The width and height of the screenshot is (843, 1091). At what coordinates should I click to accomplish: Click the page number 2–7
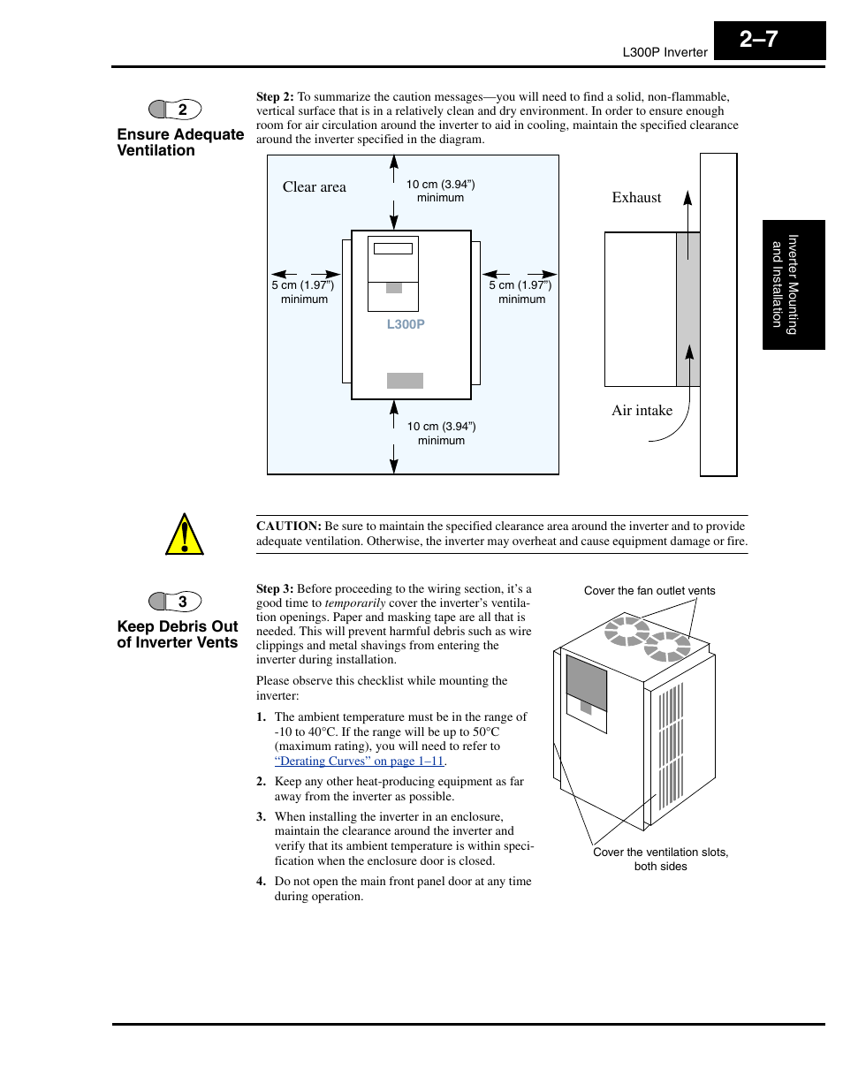(x=760, y=40)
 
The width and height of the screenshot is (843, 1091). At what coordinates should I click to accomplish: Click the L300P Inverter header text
(x=665, y=52)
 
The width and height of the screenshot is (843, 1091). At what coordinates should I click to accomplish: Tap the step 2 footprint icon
(x=175, y=110)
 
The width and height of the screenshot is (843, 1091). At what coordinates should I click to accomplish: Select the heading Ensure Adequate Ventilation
(x=180, y=142)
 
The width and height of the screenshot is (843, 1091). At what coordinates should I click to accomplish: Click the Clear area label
(x=314, y=186)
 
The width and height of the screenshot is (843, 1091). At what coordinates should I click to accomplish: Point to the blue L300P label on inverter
(x=406, y=324)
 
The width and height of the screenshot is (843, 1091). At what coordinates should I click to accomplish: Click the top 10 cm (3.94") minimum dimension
(x=440, y=191)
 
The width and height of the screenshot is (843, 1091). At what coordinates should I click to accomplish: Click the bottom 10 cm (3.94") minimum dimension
(x=441, y=433)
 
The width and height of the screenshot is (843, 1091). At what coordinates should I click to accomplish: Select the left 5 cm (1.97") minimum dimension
(x=303, y=292)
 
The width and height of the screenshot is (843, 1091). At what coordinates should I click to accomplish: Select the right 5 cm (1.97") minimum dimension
(x=520, y=292)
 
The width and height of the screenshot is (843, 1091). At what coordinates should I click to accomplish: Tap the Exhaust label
(x=636, y=198)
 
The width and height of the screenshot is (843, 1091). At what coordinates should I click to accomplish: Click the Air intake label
(x=642, y=410)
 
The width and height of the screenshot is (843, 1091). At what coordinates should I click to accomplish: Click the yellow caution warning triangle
(x=185, y=534)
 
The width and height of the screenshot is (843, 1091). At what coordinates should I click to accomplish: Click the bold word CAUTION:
(x=288, y=526)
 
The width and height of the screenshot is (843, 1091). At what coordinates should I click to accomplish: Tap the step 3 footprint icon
(x=175, y=602)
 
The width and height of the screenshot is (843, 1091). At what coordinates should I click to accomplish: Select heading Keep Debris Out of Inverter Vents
(x=178, y=634)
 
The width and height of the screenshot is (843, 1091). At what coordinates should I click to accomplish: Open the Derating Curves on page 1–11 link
(x=359, y=761)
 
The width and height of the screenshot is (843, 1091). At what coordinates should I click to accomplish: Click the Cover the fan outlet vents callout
(x=649, y=591)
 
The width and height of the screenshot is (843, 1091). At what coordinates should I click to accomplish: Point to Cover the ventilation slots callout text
(x=660, y=859)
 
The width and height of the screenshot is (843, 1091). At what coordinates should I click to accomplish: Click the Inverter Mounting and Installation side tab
(x=793, y=284)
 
